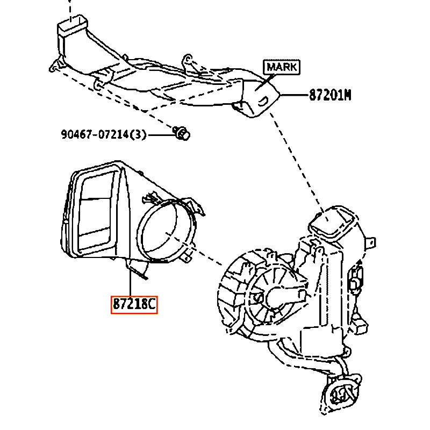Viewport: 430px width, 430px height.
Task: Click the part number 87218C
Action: point(133,305)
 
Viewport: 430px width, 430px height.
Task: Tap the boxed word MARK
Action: point(281,68)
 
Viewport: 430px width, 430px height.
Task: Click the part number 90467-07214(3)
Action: point(103,134)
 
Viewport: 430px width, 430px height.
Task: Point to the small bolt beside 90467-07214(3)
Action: point(182,132)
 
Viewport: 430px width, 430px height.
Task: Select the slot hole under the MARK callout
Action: point(264,99)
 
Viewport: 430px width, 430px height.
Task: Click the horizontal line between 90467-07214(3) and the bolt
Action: point(160,134)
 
